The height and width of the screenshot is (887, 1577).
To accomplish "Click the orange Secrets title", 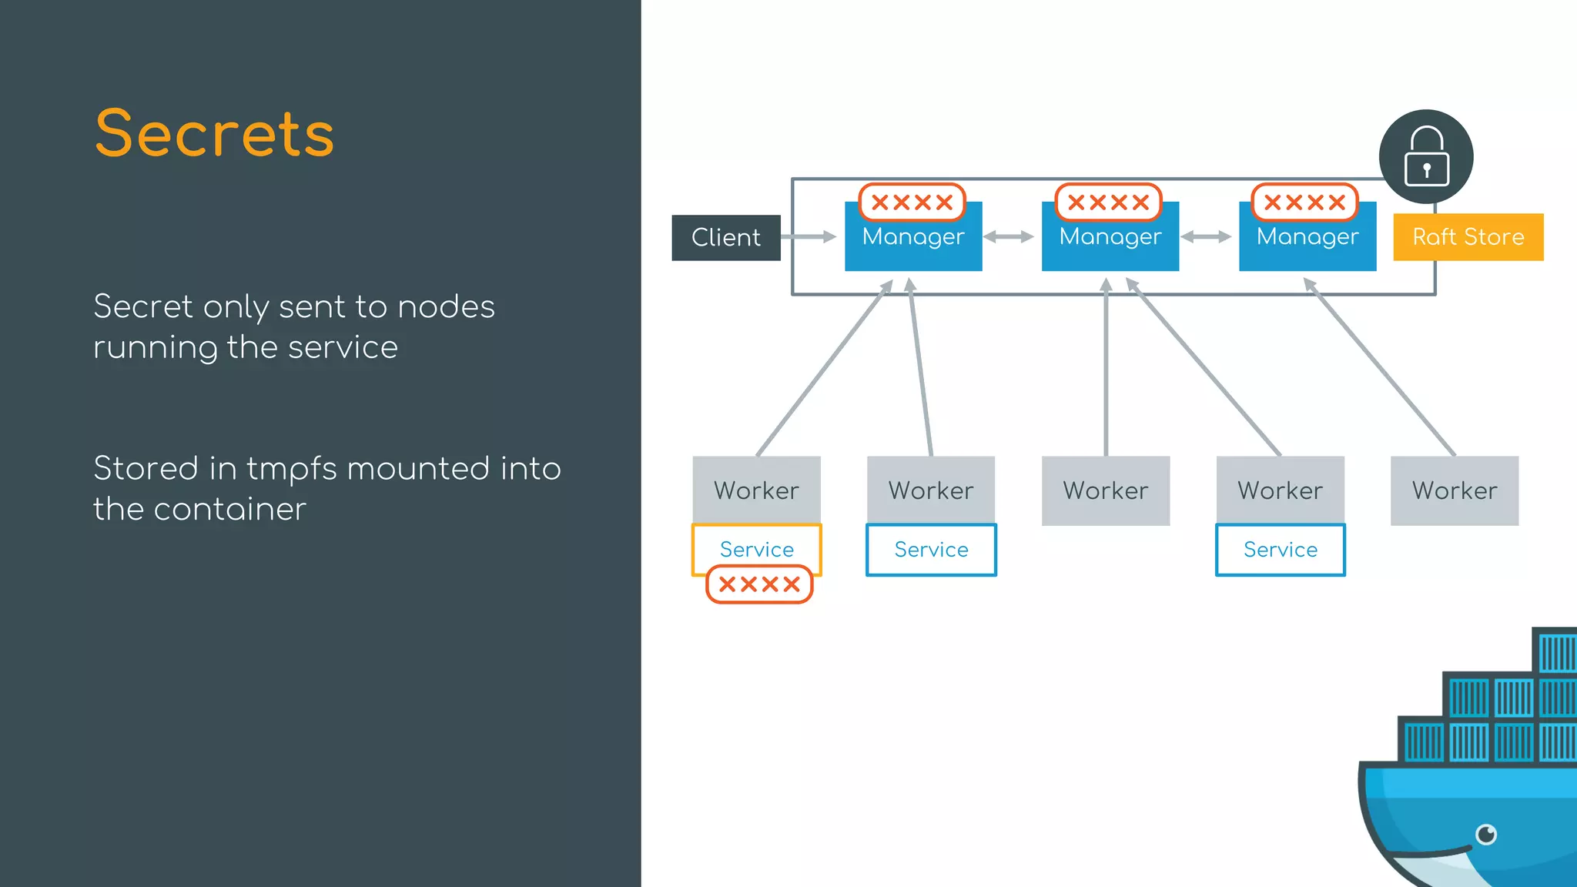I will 214,134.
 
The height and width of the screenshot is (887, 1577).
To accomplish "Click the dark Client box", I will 725,237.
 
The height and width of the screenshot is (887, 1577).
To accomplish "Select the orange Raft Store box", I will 1468,237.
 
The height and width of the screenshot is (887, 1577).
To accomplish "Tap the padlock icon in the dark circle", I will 1426,157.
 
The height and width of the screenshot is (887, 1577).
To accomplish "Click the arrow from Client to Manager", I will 809,237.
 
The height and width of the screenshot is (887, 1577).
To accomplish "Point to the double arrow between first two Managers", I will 1008,237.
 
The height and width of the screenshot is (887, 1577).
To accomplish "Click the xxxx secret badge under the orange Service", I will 759,584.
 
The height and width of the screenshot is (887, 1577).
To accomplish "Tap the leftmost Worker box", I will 756,490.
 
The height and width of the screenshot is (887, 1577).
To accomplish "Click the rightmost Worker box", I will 1454,490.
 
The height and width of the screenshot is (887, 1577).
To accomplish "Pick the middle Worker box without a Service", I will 1105,490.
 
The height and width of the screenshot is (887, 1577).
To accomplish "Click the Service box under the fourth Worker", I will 1280,550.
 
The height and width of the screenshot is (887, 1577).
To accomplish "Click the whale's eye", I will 1486,834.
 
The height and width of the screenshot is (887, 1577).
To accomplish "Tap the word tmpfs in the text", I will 291,470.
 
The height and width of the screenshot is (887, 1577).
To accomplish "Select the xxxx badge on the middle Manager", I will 1108,203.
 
